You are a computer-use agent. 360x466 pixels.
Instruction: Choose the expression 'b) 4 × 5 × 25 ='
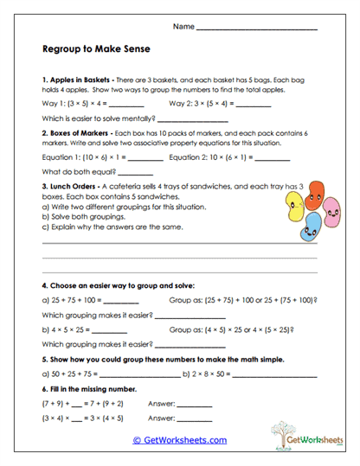point(68,329)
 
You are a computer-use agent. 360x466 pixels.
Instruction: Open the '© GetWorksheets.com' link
point(179,440)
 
